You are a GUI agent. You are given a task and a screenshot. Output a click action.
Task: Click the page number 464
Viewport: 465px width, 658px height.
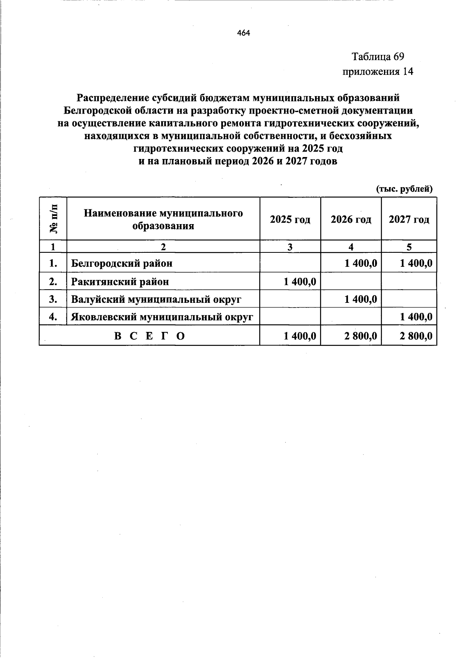click(244, 33)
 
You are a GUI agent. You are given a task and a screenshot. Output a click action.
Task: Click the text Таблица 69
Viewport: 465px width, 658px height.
click(377, 57)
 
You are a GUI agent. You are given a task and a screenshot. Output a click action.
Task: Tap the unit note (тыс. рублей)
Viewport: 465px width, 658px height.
click(404, 189)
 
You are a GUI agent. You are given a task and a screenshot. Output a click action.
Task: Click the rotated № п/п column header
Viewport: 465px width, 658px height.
click(53, 219)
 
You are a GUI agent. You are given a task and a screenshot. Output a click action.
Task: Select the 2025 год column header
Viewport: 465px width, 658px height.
click(290, 219)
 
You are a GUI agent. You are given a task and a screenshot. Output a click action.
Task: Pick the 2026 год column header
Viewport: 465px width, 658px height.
click(351, 219)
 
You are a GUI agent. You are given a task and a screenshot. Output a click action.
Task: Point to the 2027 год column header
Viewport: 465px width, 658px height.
click(409, 219)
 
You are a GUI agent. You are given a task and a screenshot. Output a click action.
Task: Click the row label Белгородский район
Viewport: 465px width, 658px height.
click(122, 264)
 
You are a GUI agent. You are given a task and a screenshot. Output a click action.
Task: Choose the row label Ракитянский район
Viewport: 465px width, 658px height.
click(120, 282)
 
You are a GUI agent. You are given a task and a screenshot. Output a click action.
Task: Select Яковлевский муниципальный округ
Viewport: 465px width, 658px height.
click(162, 317)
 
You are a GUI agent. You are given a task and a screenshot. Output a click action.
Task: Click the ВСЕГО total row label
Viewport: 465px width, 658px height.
click(150, 336)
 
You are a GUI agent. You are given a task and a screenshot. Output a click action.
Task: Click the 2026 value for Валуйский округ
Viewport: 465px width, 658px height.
click(360, 299)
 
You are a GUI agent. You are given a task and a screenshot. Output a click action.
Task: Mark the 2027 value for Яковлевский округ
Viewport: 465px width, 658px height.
click(416, 317)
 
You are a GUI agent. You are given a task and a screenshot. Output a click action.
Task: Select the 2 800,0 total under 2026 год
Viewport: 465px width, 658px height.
click(360, 336)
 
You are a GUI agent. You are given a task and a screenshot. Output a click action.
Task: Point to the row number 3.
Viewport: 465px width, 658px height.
click(53, 299)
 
